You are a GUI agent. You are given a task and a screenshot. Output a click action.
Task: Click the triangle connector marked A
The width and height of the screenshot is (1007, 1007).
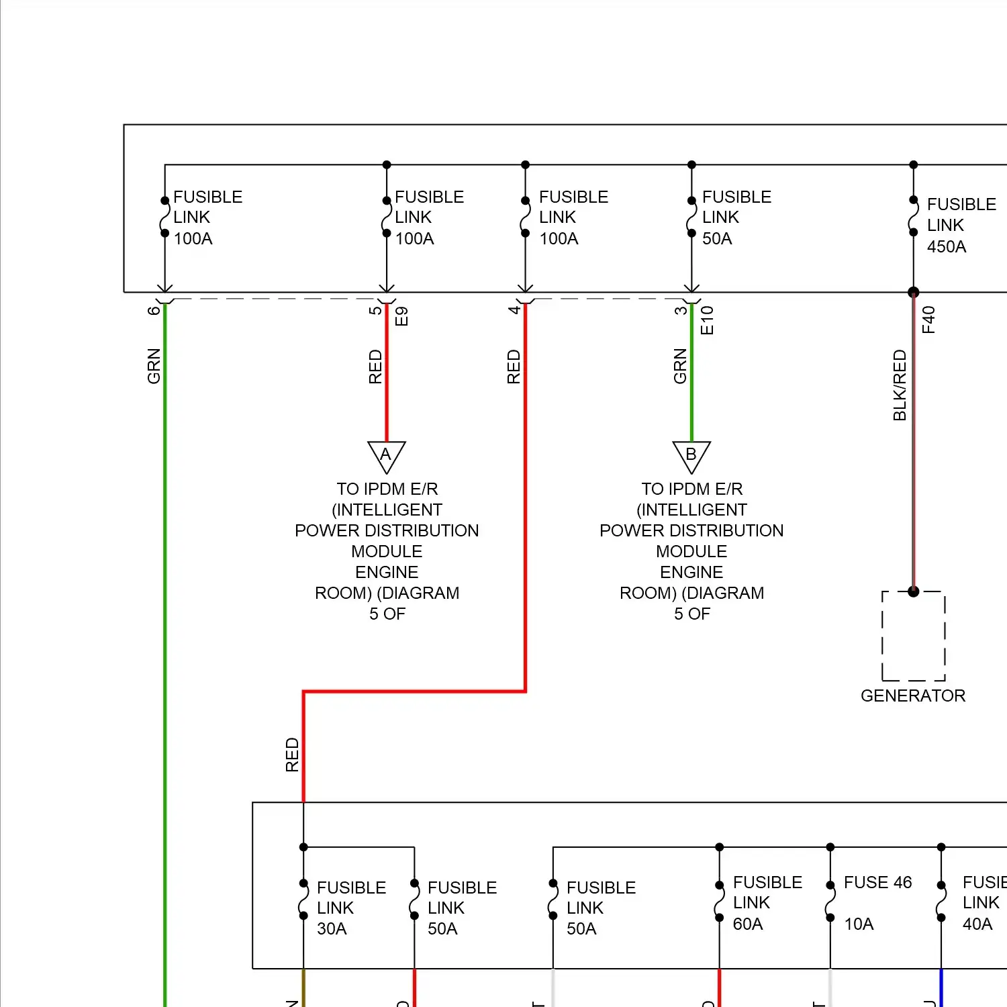coord(386,456)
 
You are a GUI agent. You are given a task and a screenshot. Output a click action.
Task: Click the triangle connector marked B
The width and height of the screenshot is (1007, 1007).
coord(691,456)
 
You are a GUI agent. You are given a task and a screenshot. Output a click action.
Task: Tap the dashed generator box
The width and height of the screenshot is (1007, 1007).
coord(913,636)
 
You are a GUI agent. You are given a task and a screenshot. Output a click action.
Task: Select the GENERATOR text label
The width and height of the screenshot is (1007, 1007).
coord(913,696)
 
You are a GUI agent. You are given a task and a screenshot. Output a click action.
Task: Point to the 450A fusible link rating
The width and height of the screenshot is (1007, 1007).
coord(947,246)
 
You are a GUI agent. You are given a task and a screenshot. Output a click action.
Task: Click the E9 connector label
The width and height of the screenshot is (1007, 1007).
coord(401,316)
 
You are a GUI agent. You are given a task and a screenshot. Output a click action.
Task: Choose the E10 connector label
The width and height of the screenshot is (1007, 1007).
coord(707,320)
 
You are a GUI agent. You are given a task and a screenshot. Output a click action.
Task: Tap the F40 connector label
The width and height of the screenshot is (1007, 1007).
coord(928,320)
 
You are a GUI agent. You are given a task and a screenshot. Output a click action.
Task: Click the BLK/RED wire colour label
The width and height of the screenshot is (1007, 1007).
coord(900,385)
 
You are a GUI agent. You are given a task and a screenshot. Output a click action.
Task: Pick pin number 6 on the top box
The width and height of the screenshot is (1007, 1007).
coord(154,310)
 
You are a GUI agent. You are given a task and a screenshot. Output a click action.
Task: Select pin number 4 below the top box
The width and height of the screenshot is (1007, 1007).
coord(514,309)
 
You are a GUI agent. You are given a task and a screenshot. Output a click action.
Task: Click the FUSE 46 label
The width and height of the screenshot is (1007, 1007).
coord(877,882)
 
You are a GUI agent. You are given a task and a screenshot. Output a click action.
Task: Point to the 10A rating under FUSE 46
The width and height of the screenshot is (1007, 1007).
coord(859,924)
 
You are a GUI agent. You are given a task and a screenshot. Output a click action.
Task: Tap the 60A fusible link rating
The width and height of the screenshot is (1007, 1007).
coord(748,924)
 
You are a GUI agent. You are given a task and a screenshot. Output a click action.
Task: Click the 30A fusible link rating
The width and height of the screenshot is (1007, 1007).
coord(332,929)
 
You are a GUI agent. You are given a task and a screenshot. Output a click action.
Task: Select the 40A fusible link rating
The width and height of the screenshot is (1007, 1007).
coord(977,924)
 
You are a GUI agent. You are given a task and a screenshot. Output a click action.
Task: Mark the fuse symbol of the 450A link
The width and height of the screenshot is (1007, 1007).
coord(913,216)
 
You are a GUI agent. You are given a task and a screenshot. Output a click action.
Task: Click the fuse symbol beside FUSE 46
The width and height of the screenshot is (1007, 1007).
coord(830,901)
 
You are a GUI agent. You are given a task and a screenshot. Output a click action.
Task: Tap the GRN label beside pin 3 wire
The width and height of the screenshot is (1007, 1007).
coord(680,366)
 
